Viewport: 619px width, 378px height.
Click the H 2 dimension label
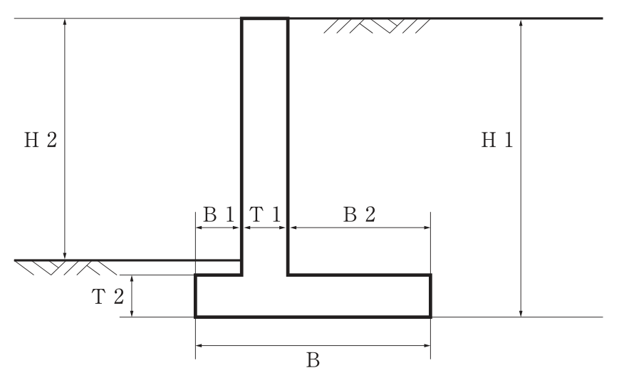41,140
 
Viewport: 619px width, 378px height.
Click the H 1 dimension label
497,140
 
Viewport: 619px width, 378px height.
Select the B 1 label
219,215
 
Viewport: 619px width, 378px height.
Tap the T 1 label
264,215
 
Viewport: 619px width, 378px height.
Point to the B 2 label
359,215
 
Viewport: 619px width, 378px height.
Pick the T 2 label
108,297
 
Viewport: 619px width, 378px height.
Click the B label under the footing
313,360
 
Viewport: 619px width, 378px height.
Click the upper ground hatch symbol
377,26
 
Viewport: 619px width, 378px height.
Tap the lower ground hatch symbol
66,268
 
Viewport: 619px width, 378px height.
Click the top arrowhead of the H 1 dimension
521,22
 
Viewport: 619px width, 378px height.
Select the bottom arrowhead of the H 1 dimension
521,313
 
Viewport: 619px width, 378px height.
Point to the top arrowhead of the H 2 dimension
65,22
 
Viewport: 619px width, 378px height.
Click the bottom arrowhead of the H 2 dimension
65,256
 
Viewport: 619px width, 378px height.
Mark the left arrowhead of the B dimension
199,346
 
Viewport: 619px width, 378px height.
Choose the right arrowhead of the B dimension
427,346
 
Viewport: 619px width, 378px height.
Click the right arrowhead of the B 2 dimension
427,228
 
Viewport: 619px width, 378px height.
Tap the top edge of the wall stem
265,19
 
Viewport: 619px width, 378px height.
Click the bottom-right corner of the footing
431,317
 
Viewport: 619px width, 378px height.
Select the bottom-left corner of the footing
195,317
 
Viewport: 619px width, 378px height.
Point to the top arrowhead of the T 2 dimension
132,279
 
